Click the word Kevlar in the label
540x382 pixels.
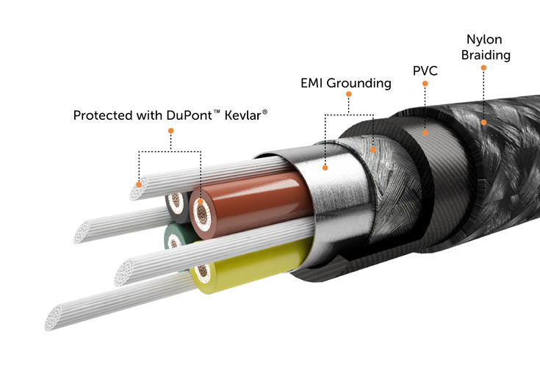242,115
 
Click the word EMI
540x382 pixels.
312,83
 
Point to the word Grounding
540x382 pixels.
359,83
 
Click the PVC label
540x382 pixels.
425,71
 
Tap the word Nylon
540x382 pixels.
484,40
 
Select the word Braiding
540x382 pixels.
486,55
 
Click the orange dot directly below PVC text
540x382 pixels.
425,83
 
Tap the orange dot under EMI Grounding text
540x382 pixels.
348,94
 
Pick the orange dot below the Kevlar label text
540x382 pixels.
170,131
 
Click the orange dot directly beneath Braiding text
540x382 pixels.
483,68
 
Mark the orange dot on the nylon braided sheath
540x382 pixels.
483,122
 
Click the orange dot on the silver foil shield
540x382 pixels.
325,167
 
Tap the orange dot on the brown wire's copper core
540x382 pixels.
201,201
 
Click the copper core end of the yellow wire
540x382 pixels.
203,272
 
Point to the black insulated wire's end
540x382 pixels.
176,202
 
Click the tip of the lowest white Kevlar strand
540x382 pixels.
54,319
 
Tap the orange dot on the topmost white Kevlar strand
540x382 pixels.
139,184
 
